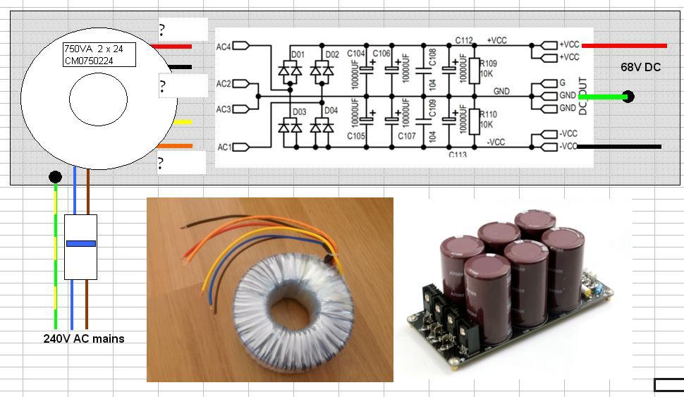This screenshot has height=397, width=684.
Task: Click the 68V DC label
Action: pyautogui.click(x=640, y=67)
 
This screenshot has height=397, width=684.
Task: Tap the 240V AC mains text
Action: pyautogui.click(x=83, y=338)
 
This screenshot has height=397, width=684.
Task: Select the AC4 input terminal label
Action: pyautogui.click(x=224, y=47)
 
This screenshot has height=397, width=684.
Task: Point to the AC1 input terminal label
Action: pyautogui.click(x=224, y=147)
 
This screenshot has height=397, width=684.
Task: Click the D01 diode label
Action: pyautogui.click(x=298, y=54)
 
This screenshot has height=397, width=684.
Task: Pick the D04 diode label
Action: pyautogui.click(x=330, y=111)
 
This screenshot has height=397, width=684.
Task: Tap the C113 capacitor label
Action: pyautogui.click(x=458, y=154)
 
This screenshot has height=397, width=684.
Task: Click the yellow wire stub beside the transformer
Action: pyautogui.click(x=182, y=123)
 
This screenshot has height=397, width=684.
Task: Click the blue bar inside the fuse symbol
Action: pyautogui.click(x=80, y=243)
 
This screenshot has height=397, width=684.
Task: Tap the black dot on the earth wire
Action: pyautogui.click(x=55, y=176)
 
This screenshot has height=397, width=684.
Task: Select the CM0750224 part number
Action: pyautogui.click(x=89, y=61)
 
